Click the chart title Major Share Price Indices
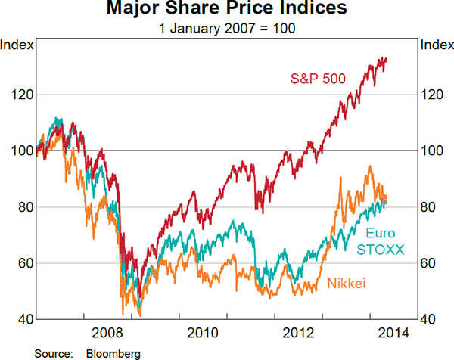[x=227, y=10]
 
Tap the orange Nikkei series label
[x=347, y=284]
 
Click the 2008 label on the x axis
[x=106, y=332]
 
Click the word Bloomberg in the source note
[x=113, y=352]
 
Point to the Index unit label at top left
[x=17, y=45]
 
